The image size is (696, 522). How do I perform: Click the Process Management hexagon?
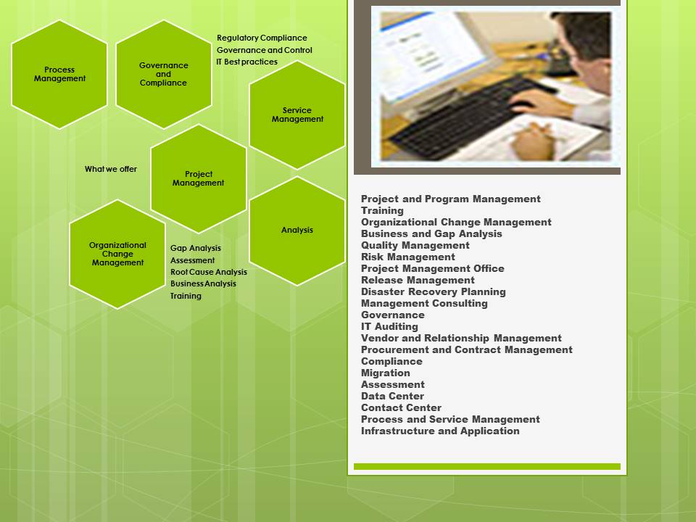coord(59,74)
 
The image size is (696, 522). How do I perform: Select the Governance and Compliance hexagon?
coord(164,74)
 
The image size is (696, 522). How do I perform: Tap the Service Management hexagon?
coord(297,115)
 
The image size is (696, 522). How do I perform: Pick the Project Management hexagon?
coord(199,178)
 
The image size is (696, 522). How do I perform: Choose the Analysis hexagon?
coord(297,231)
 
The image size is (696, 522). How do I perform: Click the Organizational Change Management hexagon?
coord(117,254)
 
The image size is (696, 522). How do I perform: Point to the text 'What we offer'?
coord(111,169)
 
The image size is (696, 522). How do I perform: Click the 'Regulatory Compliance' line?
coord(262,38)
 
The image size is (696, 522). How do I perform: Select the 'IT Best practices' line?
coord(246,62)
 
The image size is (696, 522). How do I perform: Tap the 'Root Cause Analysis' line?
coord(209,272)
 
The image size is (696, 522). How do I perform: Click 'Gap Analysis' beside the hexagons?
coord(196,248)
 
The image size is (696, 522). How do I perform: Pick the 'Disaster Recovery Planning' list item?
coord(434,291)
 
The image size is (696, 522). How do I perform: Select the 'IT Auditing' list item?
coord(390,326)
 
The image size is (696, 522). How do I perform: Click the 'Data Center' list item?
coord(392,396)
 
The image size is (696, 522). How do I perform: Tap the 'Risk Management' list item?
coord(408,257)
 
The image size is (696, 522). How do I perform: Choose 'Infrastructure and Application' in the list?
coord(440,431)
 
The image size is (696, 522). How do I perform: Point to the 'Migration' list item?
coord(385,373)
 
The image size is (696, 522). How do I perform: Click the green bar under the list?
coord(487,466)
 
